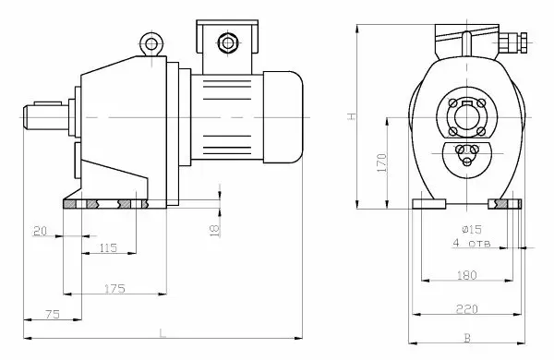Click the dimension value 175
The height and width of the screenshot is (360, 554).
(114, 289)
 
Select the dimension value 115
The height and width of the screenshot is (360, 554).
(108, 248)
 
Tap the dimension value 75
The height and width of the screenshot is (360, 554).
(53, 314)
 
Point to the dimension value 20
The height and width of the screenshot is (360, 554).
(40, 231)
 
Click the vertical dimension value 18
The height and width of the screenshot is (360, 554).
(214, 230)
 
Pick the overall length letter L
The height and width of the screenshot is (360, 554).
(163, 333)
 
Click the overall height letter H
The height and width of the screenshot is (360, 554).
(352, 116)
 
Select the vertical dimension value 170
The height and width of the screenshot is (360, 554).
(382, 162)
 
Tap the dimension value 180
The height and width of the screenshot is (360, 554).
(466, 275)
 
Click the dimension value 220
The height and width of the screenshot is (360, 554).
(466, 309)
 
